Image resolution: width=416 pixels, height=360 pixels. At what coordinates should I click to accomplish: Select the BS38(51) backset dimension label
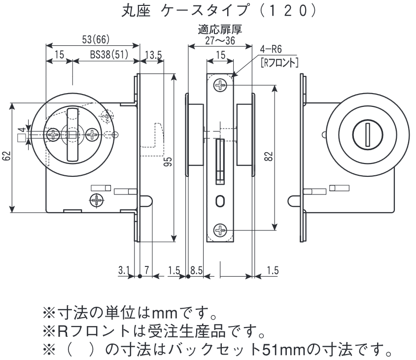108,56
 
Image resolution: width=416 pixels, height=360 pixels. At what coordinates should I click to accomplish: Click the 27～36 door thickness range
219,41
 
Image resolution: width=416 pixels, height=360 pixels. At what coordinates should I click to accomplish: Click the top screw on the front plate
220,86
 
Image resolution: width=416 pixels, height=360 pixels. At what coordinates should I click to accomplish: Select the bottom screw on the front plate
220,230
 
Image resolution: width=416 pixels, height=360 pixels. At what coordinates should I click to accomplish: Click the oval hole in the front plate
220,201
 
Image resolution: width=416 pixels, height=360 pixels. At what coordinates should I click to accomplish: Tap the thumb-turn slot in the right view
367,134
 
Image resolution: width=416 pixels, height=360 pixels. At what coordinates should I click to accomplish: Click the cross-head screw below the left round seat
97,200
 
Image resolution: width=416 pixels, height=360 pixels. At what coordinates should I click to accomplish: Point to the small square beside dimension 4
21,138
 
